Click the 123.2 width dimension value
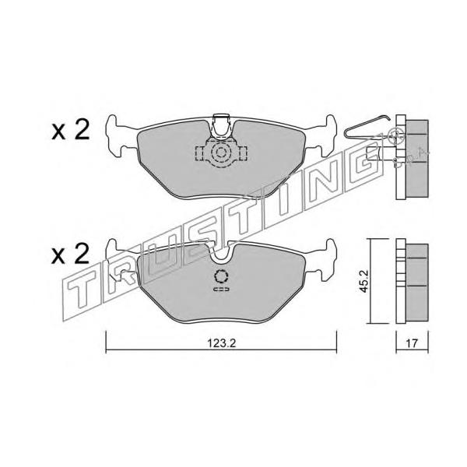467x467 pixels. pos(221,343)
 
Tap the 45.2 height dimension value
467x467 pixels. pos(364,281)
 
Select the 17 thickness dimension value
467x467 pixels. pos(412,343)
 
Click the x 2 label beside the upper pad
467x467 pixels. pos(71,131)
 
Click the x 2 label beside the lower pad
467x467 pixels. pos(71,255)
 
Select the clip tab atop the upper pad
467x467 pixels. pos(221,125)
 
